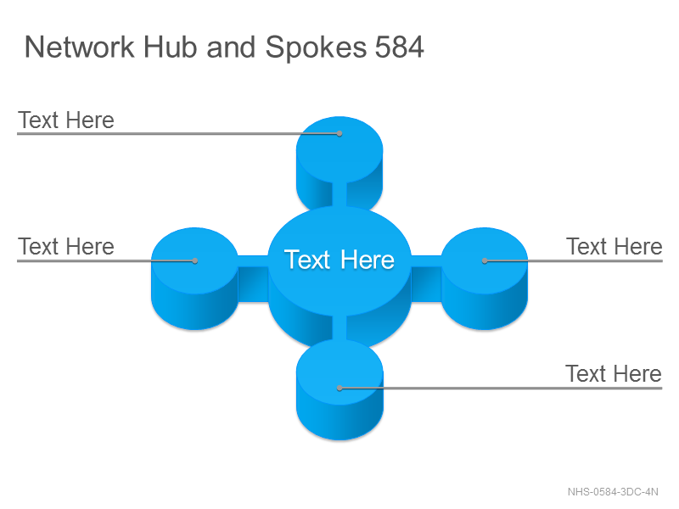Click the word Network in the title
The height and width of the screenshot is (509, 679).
click(x=80, y=47)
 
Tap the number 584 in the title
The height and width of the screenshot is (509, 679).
click(x=399, y=47)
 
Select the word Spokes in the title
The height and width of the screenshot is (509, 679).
click(x=316, y=48)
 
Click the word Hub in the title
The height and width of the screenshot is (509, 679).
click(x=171, y=47)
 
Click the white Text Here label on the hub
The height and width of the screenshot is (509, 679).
click(x=339, y=260)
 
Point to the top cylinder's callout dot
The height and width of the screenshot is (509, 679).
click(x=339, y=134)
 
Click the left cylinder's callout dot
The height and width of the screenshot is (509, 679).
click(x=195, y=260)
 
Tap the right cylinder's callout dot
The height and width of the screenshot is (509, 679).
click(x=485, y=260)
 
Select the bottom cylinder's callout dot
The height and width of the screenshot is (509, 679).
click(x=339, y=389)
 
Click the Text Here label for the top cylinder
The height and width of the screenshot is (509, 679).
click(x=66, y=120)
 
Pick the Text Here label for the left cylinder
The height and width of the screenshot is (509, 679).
click(x=66, y=247)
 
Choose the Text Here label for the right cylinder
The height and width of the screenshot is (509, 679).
click(x=614, y=247)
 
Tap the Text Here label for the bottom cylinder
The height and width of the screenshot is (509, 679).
click(x=614, y=373)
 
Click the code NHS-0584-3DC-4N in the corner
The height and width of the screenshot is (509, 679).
click(x=613, y=492)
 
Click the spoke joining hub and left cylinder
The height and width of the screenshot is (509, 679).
click(x=253, y=278)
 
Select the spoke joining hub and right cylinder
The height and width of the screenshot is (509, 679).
click(x=426, y=278)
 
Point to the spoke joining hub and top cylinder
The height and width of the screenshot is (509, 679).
click(x=339, y=194)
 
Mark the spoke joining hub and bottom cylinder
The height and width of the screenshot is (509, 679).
click(x=339, y=327)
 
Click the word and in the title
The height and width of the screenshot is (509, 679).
click(x=231, y=47)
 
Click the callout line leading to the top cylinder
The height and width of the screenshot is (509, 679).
click(x=178, y=134)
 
